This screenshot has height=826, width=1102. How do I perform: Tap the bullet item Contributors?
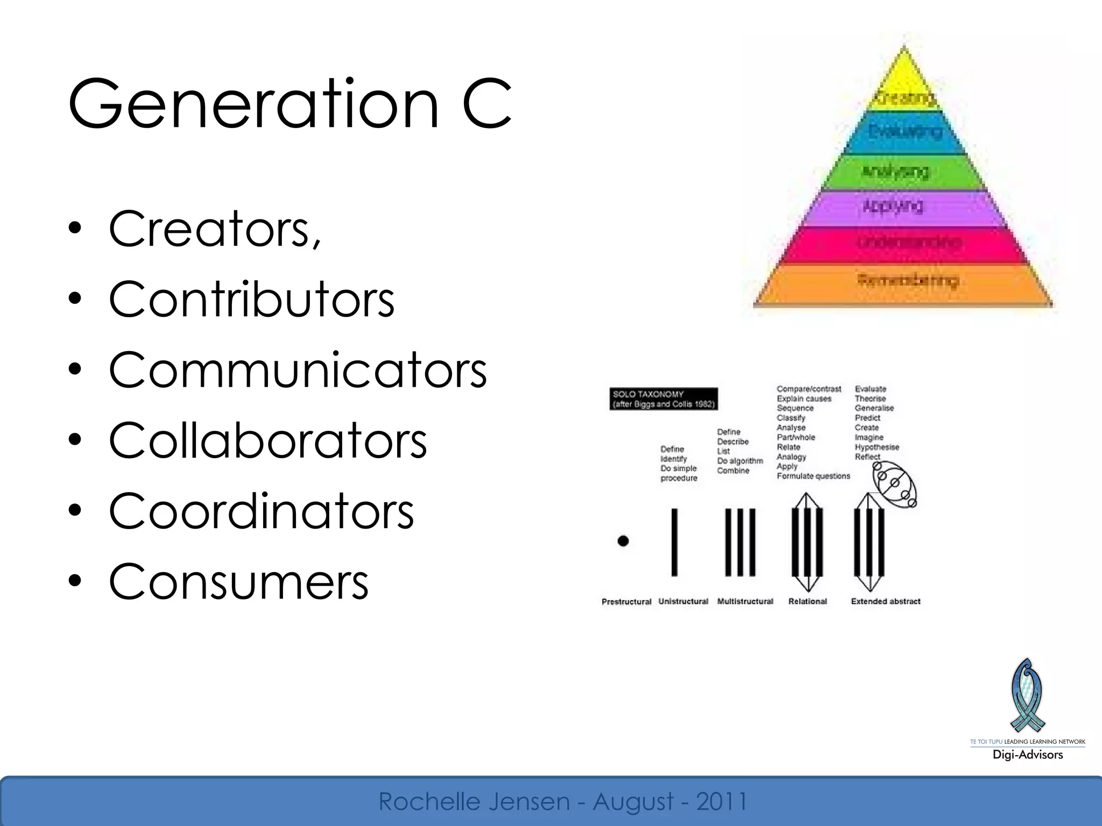(251, 300)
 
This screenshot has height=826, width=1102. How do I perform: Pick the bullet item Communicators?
(297, 370)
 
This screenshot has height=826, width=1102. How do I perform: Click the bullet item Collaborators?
(267, 440)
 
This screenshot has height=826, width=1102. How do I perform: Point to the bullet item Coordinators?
(261, 511)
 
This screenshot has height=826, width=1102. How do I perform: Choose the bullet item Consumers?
(238, 581)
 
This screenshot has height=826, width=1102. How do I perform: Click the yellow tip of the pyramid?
(904, 81)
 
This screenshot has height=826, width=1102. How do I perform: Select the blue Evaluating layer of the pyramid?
(904, 132)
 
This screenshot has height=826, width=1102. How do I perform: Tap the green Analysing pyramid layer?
(904, 172)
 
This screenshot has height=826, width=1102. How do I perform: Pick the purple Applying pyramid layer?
(904, 207)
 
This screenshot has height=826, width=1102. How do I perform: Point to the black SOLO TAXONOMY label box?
(663, 398)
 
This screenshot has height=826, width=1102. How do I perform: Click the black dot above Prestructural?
(623, 541)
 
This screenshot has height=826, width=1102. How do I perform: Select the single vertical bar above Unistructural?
(674, 542)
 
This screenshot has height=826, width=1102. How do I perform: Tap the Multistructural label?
(745, 601)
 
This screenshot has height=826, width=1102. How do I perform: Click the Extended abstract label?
(885, 601)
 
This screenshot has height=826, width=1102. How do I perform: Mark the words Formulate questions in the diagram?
(813, 476)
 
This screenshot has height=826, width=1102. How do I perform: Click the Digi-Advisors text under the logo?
(1027, 754)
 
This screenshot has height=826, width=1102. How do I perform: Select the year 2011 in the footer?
(722, 801)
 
